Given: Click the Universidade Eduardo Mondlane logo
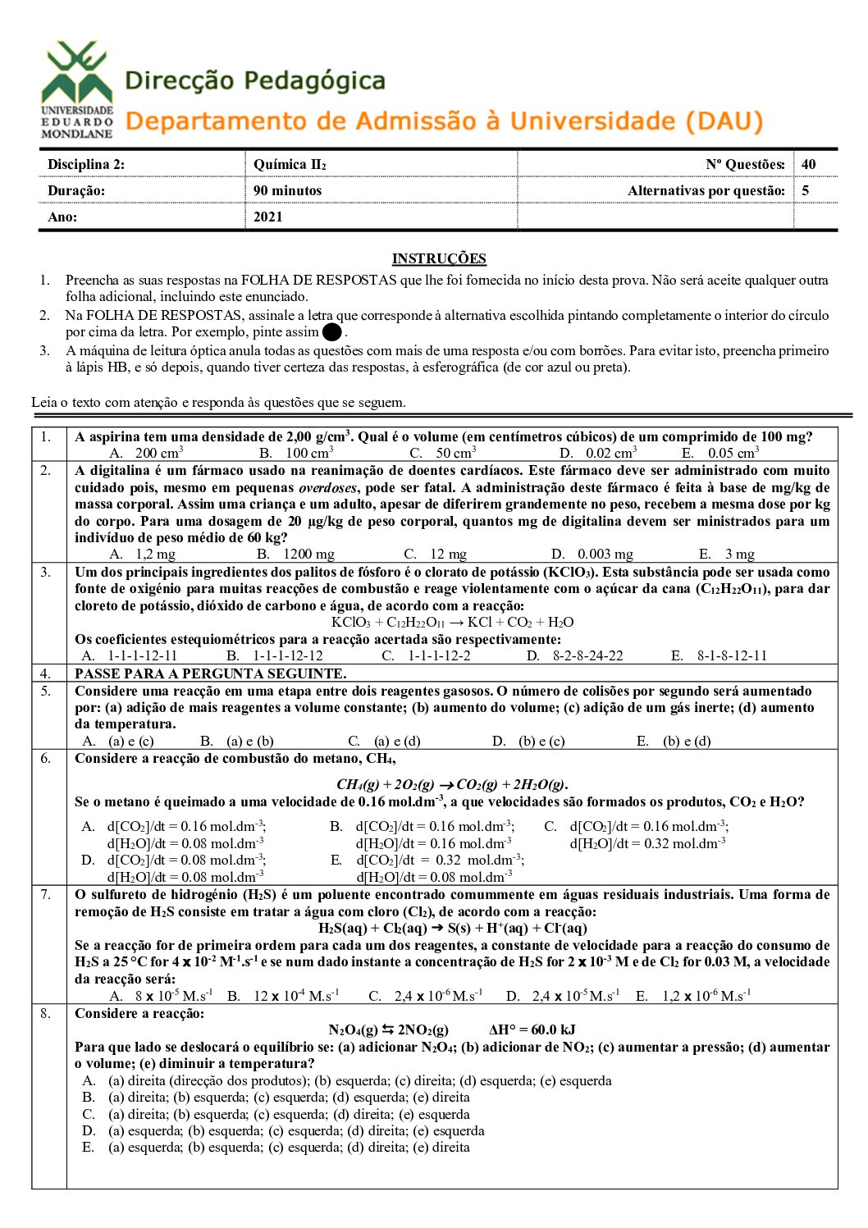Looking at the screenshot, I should coord(77,89).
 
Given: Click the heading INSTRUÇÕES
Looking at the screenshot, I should coord(439,259).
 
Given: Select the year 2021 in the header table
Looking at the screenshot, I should coord(268,217).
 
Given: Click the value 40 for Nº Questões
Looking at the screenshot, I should coord(809,164).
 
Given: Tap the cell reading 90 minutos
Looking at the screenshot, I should coord(287,190).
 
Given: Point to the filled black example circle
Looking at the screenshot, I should coord(332,332).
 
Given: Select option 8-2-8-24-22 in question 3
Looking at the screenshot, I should coord(587,655).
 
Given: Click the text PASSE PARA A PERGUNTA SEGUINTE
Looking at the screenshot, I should coord(210,673).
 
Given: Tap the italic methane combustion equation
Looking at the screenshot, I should coord(452,784).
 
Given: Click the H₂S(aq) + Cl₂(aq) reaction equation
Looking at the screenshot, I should coord(453,928).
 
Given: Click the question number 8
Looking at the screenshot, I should coord(46,1013).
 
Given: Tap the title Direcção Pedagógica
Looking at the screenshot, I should coord(255,81).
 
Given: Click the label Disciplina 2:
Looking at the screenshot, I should coord(86,164).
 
